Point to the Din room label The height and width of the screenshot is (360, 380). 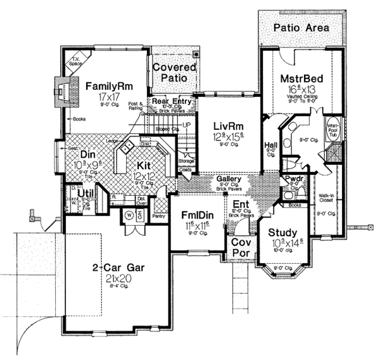(87, 153)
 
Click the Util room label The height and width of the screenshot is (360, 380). (86, 193)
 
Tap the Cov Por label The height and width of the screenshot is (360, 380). (241, 248)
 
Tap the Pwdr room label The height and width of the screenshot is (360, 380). (292, 179)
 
